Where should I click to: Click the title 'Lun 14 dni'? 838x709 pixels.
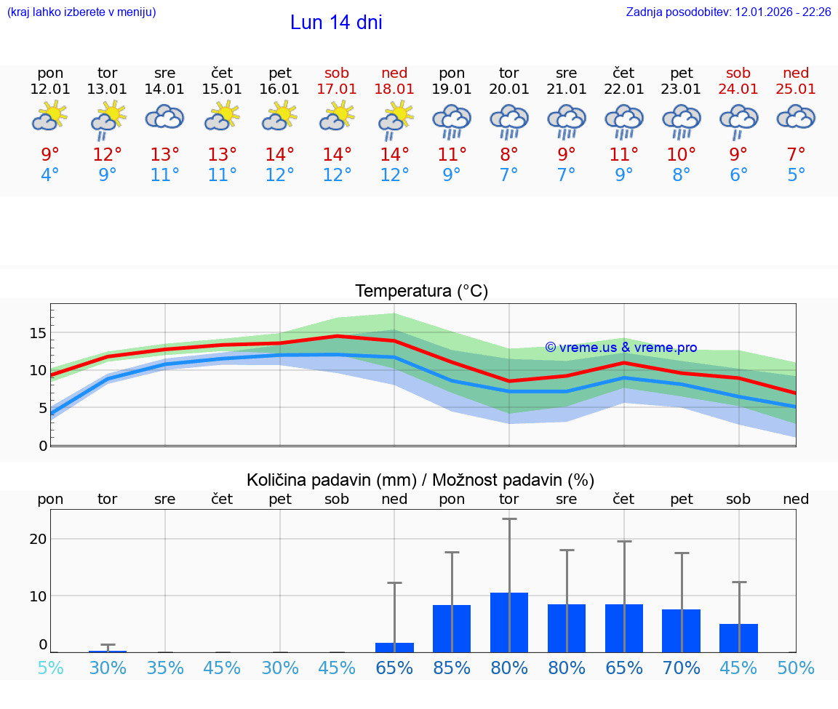(x=336, y=23)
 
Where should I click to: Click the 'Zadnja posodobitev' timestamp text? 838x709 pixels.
(x=728, y=12)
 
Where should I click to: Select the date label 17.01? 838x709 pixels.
(x=337, y=89)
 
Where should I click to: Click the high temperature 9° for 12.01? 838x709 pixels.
(x=50, y=154)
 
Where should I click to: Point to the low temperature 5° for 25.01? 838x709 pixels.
(x=796, y=175)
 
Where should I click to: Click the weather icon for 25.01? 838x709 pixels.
(x=796, y=117)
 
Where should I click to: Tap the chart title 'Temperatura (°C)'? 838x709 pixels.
(x=421, y=292)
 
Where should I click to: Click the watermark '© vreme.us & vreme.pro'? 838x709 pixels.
(x=620, y=348)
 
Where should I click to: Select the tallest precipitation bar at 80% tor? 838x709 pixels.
(x=509, y=622)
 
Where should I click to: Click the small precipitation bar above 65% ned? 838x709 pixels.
(x=394, y=647)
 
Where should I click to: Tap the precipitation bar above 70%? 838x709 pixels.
(x=682, y=630)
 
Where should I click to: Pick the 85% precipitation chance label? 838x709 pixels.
(x=452, y=668)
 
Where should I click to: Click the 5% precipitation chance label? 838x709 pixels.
(x=50, y=668)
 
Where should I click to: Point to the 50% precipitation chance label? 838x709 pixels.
(x=796, y=668)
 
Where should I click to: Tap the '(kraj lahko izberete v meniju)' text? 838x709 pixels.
(x=81, y=12)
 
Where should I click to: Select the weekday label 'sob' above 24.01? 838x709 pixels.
(x=738, y=73)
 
